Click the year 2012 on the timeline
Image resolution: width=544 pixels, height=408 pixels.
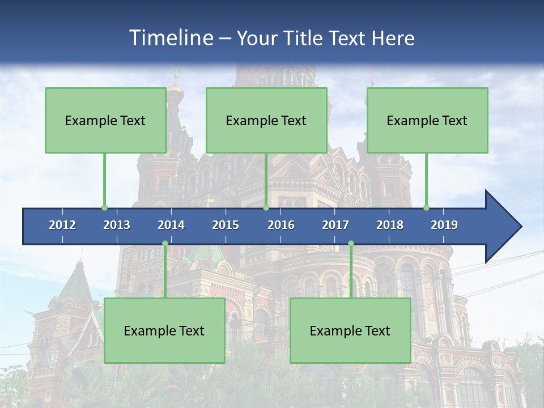[62, 225]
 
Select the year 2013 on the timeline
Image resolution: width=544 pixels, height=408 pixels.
[117, 225]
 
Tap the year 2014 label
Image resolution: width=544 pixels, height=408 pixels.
[171, 225]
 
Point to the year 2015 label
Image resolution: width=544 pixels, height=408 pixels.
[226, 225]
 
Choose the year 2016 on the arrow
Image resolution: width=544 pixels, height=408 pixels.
[281, 225]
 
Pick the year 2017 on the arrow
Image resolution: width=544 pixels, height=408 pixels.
[335, 225]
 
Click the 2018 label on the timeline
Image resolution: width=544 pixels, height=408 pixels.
[390, 225]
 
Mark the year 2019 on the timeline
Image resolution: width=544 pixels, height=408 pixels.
[444, 225]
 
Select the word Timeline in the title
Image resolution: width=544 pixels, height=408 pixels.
[169, 38]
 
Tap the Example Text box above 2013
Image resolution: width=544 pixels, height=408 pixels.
[105, 120]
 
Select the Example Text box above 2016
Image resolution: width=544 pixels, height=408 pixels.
[266, 120]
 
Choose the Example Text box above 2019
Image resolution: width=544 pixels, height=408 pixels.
[427, 120]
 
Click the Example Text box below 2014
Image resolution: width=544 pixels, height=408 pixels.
[164, 330]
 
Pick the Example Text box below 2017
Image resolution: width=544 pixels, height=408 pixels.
[350, 330]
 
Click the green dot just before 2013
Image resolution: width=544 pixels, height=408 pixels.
[104, 207]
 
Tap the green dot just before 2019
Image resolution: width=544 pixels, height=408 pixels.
[426, 207]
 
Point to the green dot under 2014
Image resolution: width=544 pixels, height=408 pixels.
[165, 243]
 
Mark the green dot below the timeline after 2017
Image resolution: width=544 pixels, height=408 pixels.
[351, 243]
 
